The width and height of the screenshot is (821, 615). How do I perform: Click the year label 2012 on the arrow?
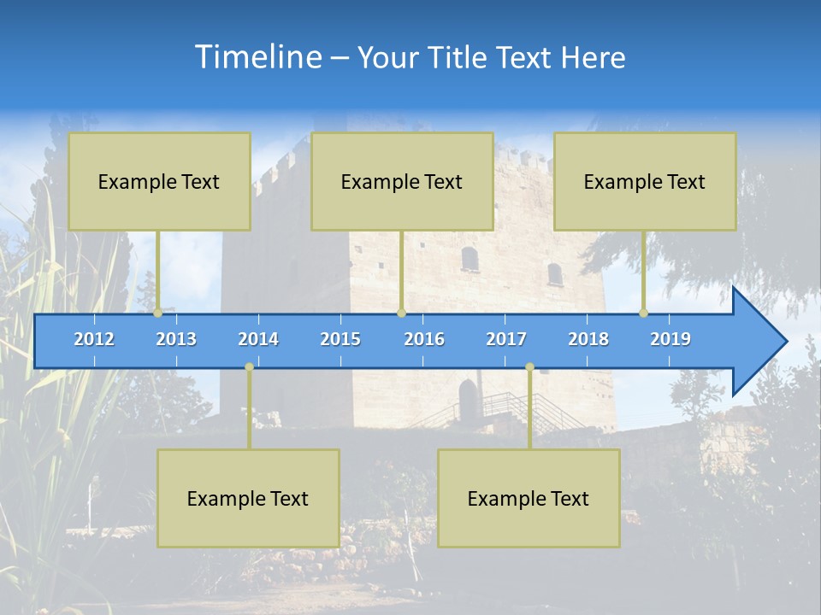(94, 339)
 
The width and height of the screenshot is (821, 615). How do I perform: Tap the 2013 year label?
(176, 339)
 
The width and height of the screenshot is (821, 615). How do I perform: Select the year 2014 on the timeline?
(258, 339)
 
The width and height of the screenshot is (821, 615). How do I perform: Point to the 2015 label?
(340, 339)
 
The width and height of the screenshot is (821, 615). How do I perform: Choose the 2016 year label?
(424, 339)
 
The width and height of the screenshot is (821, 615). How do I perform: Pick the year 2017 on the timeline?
(506, 339)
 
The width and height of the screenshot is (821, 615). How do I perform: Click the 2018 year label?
(588, 339)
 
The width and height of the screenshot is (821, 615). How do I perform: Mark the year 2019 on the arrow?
(670, 339)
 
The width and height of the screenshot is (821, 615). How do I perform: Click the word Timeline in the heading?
(258, 57)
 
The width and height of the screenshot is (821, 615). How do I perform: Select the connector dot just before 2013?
(158, 313)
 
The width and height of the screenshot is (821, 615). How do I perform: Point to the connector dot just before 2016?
(402, 313)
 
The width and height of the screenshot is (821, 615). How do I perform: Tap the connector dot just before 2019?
(644, 313)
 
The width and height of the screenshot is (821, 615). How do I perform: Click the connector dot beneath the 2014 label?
(249, 367)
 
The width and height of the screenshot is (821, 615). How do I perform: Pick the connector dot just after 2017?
(529, 367)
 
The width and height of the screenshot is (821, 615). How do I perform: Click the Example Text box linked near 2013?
(159, 182)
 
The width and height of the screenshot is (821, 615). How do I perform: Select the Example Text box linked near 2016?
(402, 182)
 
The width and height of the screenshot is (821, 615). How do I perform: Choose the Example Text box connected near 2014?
(248, 498)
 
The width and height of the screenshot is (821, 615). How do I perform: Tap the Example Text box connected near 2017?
(529, 498)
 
